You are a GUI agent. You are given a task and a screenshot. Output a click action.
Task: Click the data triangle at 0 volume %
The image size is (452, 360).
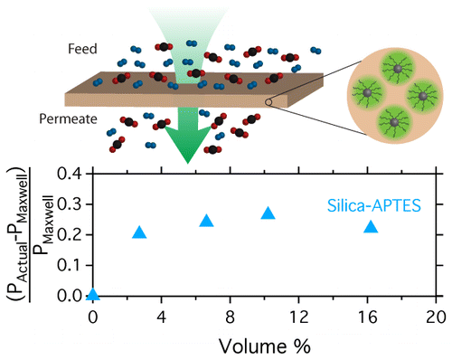(x=92, y=294)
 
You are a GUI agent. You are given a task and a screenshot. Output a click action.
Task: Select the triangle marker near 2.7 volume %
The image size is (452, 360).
(x=139, y=232)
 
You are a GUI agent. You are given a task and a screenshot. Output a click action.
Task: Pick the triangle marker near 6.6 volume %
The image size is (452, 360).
(x=206, y=222)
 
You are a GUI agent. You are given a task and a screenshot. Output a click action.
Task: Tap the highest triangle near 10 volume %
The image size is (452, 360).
(x=268, y=213)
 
